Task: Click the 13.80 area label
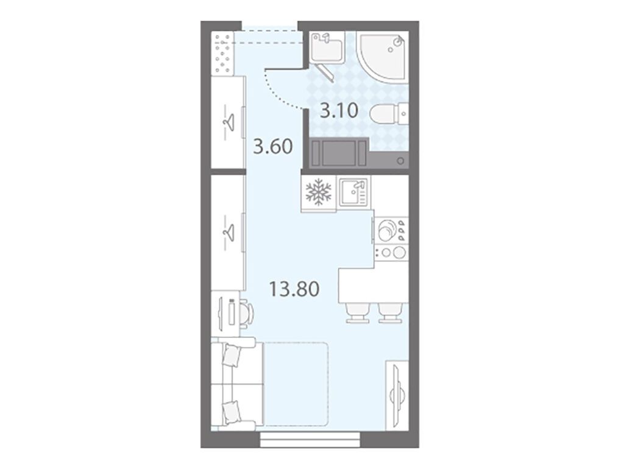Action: (294, 289)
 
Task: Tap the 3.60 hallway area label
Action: (273, 146)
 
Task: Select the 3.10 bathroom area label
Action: (339, 111)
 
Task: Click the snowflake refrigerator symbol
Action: (318, 192)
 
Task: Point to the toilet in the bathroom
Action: (389, 113)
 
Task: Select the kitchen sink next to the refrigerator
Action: (353, 192)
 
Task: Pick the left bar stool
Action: (356, 312)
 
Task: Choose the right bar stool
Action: (389, 312)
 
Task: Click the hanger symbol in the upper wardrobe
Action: (228, 121)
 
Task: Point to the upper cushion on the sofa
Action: (231, 355)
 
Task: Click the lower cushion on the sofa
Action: (231, 412)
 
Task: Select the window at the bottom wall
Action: (310, 440)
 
